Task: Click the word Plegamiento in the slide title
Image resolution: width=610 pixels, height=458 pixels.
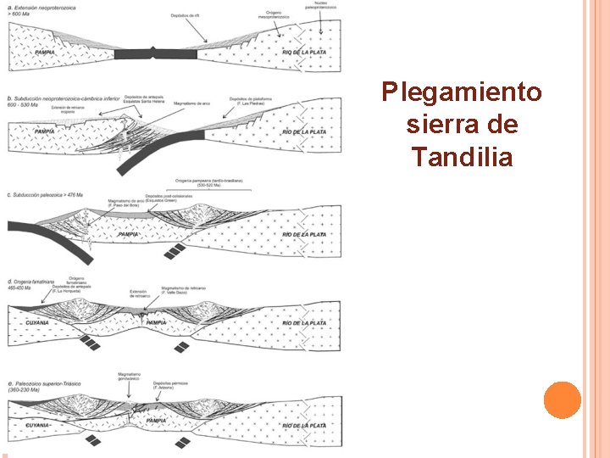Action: tap(462, 92)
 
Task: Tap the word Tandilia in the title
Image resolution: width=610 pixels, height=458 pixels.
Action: tap(462, 157)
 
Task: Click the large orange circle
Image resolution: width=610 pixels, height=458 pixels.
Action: tap(562, 400)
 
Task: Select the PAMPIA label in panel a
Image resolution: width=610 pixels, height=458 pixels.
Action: tap(45, 53)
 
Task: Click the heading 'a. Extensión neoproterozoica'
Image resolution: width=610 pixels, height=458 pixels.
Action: tap(43, 8)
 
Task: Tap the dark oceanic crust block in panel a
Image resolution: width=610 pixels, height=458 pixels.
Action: tap(156, 54)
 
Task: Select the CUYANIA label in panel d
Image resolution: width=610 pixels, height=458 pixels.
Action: tap(37, 323)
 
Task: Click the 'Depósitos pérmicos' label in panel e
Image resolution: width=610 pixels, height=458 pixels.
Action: tap(170, 383)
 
